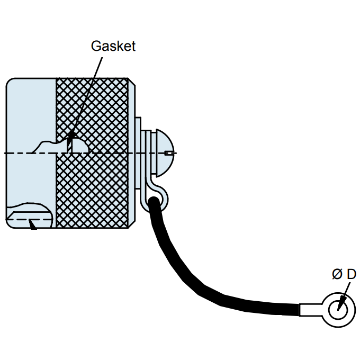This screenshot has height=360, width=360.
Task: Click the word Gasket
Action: tap(113, 46)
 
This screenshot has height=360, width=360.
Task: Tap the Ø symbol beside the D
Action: tap(337, 274)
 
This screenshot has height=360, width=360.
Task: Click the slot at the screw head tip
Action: tap(169, 154)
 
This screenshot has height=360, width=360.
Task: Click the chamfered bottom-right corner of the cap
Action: tap(132, 224)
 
